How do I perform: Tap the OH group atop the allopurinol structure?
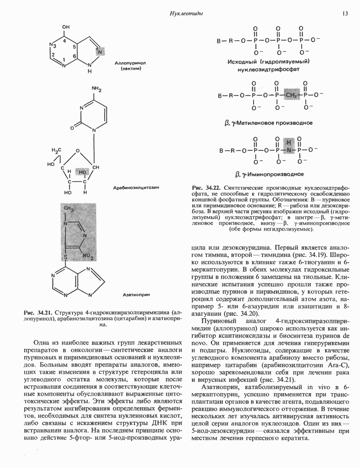click(x=66, y=27)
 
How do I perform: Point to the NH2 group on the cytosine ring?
click(x=97, y=88)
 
